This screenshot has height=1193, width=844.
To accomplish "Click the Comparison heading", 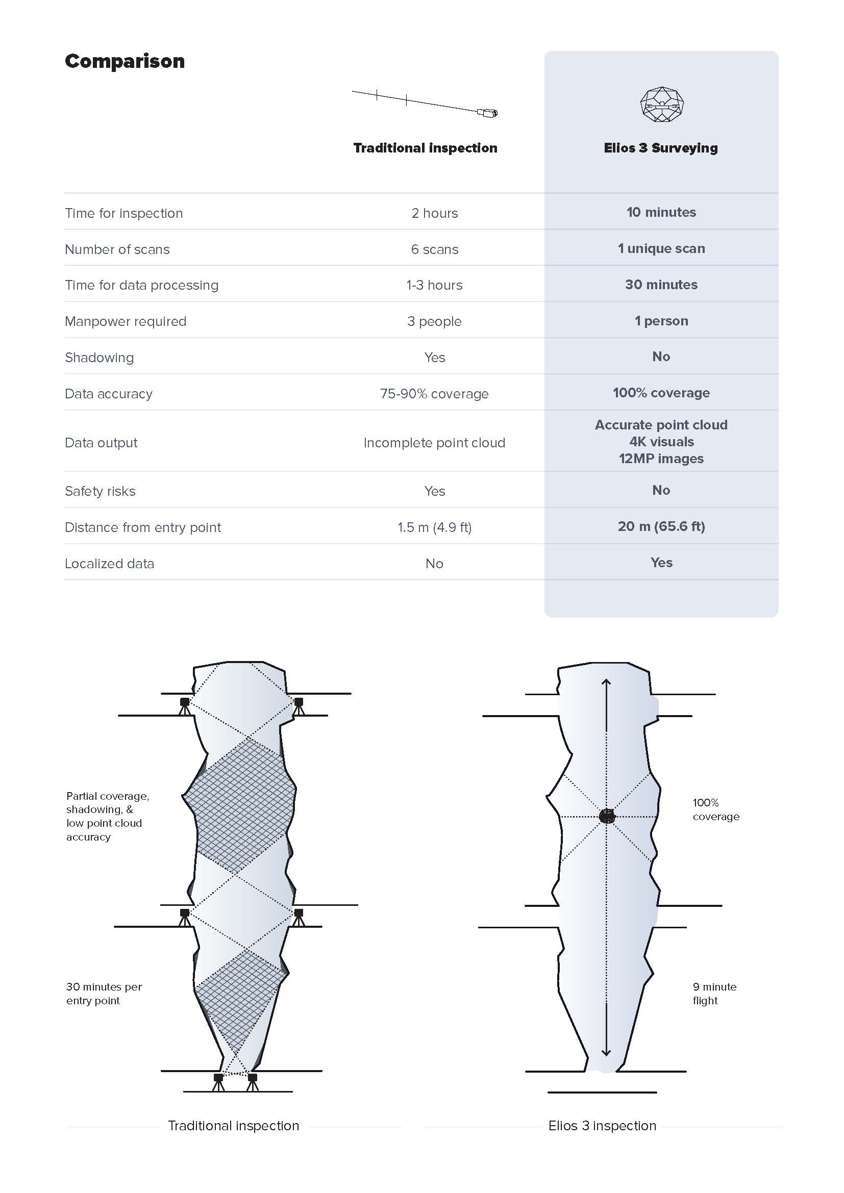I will click(125, 61).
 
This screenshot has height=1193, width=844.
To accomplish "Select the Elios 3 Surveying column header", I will click(660, 148).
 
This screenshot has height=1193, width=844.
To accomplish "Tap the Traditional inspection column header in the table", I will click(425, 148).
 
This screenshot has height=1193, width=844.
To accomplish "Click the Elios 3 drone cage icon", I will click(662, 105).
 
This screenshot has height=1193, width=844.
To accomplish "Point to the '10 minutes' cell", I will click(661, 212).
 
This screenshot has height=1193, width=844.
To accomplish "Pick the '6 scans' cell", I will click(434, 249).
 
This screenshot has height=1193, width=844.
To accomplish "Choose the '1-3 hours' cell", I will click(434, 285).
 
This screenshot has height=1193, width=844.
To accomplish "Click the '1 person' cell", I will click(661, 321).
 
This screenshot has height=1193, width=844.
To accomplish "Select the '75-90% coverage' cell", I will click(434, 394).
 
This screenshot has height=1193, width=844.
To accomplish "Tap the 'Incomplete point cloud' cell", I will click(434, 443).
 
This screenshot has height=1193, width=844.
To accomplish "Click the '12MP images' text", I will click(661, 459).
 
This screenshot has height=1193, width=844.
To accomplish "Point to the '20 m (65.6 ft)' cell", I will click(661, 526).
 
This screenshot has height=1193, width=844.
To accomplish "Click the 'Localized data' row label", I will click(110, 564).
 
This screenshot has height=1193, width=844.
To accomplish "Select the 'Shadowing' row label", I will click(100, 358).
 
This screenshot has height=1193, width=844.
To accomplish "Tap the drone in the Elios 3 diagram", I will click(607, 816).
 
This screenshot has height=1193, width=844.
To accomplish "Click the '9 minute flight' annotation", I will click(714, 994).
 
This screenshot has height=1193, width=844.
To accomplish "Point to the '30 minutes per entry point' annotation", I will click(104, 994).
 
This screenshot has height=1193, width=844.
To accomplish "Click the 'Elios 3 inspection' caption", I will click(602, 1126).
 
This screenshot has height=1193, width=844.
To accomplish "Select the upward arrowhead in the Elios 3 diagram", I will click(606, 682).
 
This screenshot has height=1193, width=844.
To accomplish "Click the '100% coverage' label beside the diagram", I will click(715, 809).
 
